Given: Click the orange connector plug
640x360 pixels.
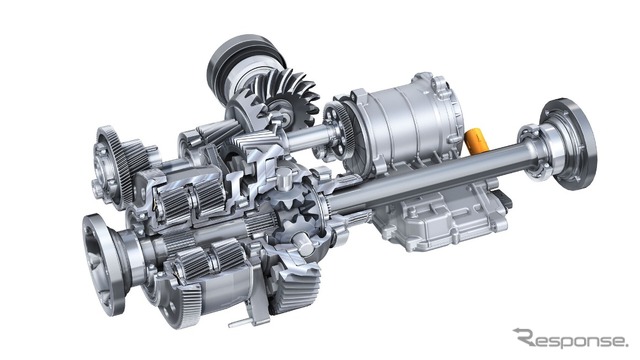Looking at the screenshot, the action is pyautogui.click(x=476, y=141).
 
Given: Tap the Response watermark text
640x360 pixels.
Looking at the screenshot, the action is pyautogui.click(x=570, y=338).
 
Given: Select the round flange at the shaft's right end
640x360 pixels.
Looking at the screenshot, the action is pyautogui.click(x=568, y=144).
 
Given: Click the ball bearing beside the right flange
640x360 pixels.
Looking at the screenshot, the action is pyautogui.click(x=531, y=151).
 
